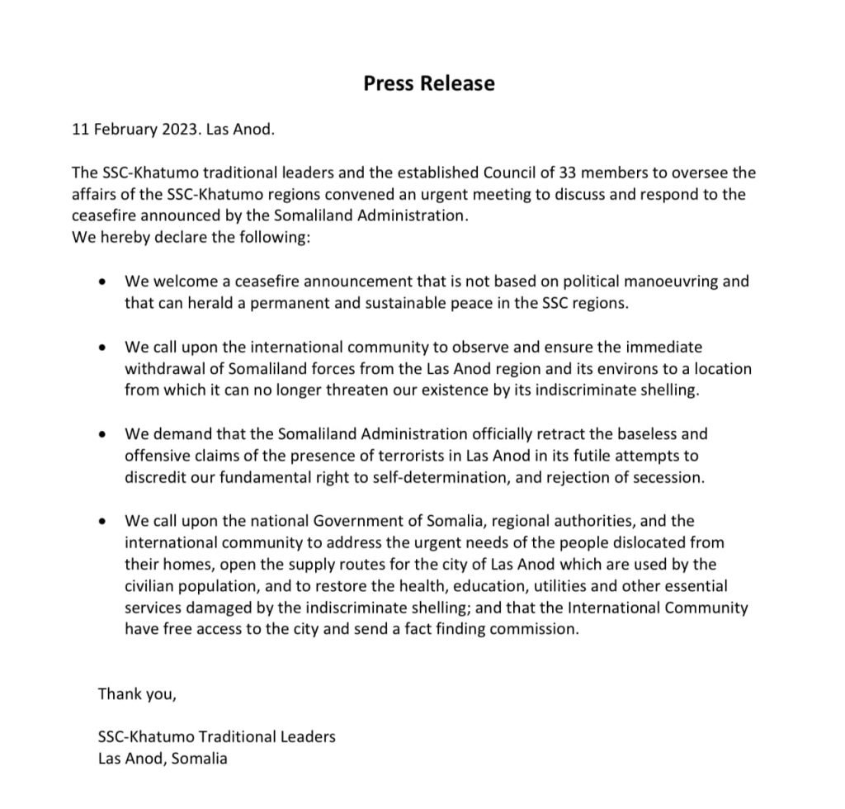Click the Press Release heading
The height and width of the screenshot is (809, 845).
click(429, 83)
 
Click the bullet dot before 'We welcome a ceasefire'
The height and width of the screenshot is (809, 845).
click(101, 281)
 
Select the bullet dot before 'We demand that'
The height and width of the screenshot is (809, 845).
click(101, 434)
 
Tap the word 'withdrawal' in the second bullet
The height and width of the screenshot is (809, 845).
click(161, 369)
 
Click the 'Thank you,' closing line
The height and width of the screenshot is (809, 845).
click(137, 693)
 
